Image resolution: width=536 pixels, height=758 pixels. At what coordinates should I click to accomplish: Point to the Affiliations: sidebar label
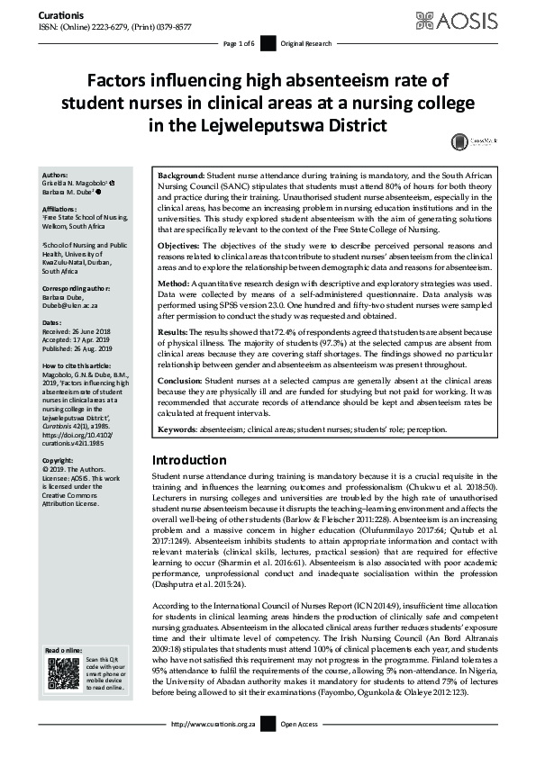tap(61, 209)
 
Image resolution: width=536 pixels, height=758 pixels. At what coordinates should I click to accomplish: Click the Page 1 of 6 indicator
tap(238, 44)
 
